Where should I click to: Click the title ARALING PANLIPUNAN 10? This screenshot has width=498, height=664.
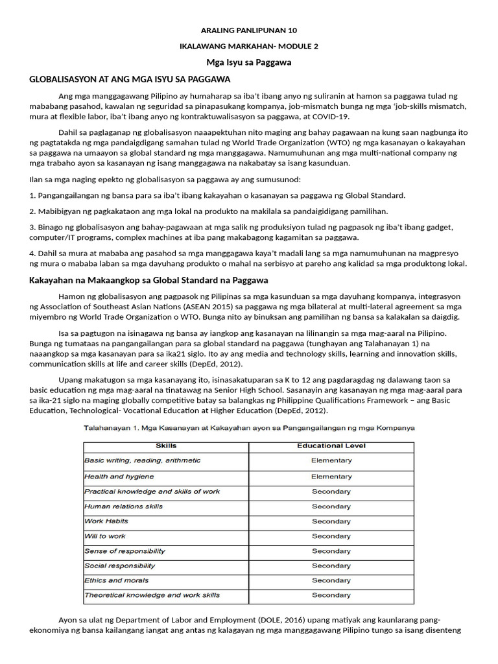249,30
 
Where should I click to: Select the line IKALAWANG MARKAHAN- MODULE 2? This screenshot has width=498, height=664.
249,46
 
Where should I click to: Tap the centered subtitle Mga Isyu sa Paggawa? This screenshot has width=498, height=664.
249,62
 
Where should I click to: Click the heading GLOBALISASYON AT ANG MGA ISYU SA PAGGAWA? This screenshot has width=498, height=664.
130,79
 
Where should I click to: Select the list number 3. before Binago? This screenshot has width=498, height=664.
33,226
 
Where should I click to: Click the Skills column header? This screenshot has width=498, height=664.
166,446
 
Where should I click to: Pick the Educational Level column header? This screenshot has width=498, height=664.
331,446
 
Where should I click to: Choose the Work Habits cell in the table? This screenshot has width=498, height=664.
107,521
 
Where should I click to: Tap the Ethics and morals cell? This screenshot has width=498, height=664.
117,580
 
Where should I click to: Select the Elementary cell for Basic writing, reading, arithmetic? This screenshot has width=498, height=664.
331,460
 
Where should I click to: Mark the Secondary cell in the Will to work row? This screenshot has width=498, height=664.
331,536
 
